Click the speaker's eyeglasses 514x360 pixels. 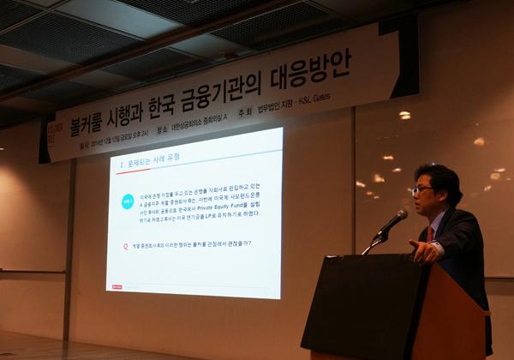pos(421,189)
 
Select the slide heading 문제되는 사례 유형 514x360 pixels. pos(152,162)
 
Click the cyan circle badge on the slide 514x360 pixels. pos(128,202)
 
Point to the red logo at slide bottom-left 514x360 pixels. pos(117,286)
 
